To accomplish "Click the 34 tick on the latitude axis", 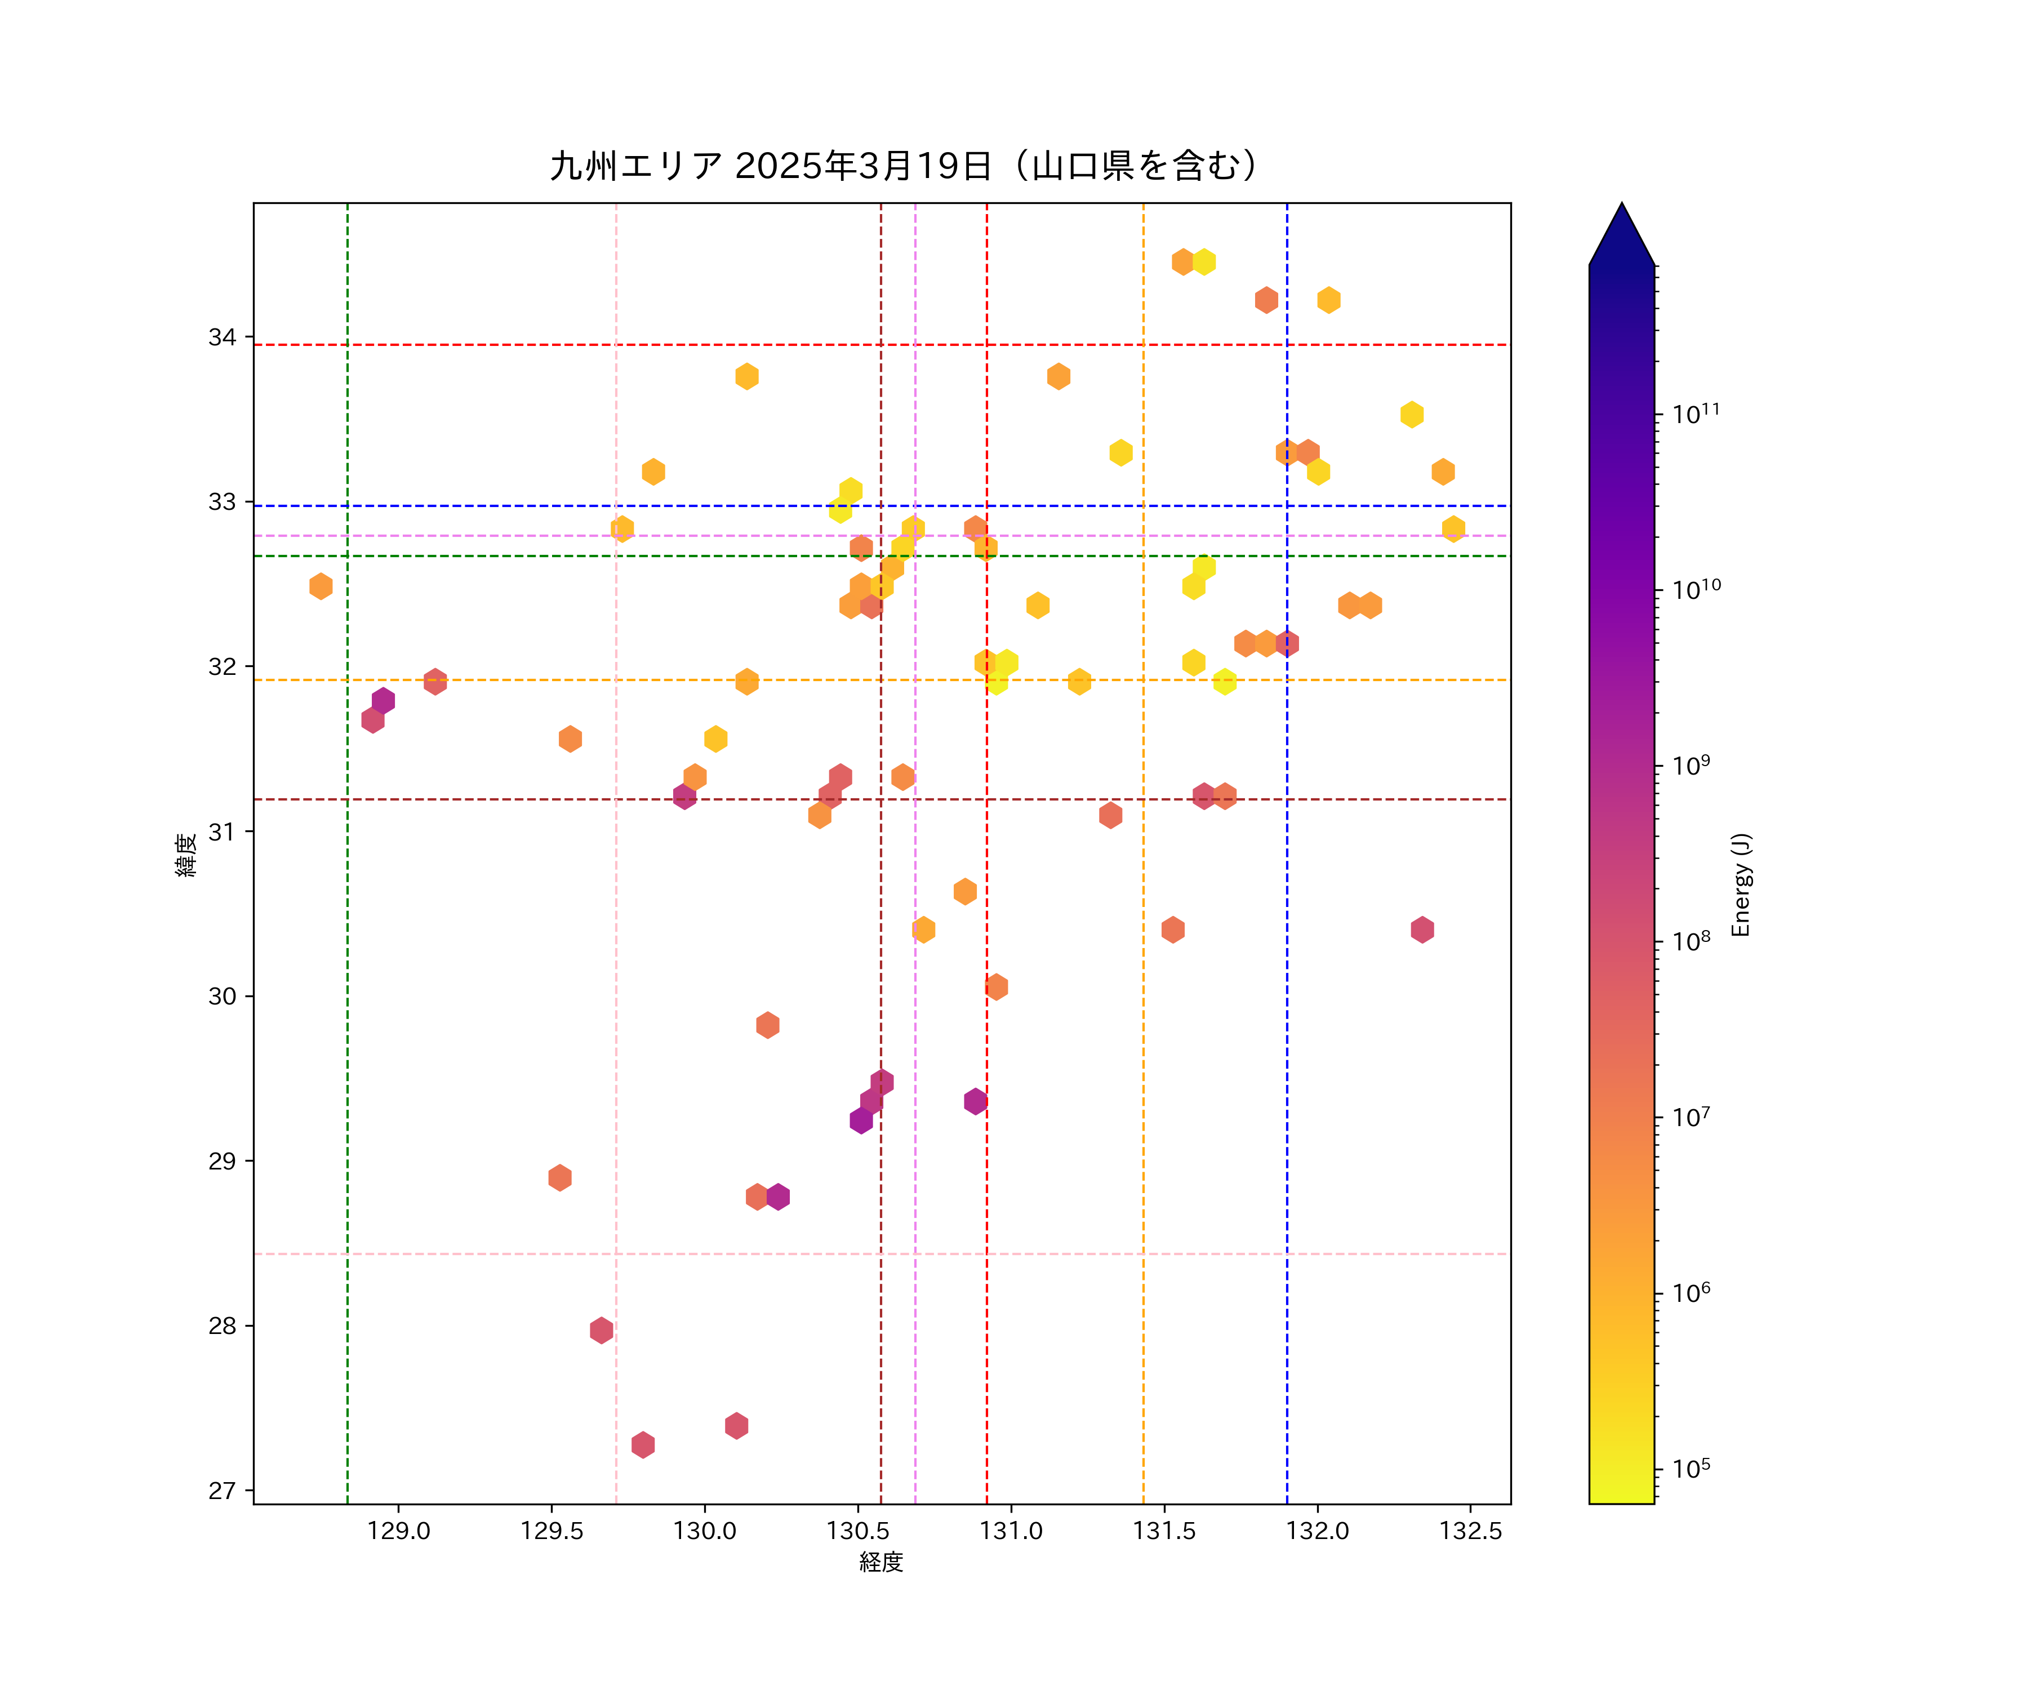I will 222,337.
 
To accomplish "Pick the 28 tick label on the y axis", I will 222,1326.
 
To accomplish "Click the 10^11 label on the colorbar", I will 1696,413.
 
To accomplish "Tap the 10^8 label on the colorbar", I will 1691,941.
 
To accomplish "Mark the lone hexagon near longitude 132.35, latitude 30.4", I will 1421,930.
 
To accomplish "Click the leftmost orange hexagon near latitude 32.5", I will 321,586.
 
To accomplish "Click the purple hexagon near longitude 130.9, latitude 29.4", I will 975,1101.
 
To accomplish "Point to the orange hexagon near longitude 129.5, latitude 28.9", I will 560,1178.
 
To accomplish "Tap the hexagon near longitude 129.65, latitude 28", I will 601,1331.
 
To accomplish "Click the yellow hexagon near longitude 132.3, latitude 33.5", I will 1412,414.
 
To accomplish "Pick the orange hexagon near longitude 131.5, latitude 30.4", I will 1172,930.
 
